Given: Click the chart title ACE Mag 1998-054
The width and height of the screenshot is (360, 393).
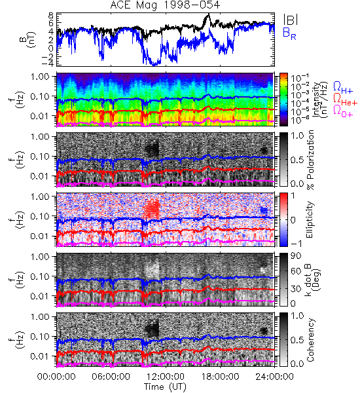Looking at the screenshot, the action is click(x=165, y=5).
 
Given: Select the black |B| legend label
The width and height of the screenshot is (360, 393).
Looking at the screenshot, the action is click(x=291, y=19).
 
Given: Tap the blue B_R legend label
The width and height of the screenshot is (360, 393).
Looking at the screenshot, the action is click(x=289, y=33).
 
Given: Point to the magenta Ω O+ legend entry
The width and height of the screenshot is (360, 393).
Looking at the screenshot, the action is click(x=343, y=111).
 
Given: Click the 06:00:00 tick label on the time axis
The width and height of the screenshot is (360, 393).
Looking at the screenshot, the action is click(x=111, y=377).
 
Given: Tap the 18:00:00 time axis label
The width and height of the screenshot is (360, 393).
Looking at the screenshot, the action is click(x=220, y=377).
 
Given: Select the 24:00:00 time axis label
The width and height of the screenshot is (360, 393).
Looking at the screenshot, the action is click(x=274, y=377).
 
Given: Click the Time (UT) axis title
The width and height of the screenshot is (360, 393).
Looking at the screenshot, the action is click(x=165, y=387).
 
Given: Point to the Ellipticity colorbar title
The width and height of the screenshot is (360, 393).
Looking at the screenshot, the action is click(x=310, y=219).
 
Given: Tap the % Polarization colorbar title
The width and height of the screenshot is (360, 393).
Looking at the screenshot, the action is click(x=310, y=160).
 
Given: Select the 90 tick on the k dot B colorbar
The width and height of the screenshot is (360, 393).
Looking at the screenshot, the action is click(x=296, y=256).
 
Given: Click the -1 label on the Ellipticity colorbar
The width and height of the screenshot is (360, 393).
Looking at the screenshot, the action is click(x=296, y=244).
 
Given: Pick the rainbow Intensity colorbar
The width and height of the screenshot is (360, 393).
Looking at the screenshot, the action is click(x=283, y=100).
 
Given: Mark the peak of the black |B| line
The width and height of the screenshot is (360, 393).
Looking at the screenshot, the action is click(x=208, y=14).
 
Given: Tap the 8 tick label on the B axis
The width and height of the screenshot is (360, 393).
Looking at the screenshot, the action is click(x=51, y=16).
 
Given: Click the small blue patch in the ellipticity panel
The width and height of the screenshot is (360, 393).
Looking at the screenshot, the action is click(x=264, y=210).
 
